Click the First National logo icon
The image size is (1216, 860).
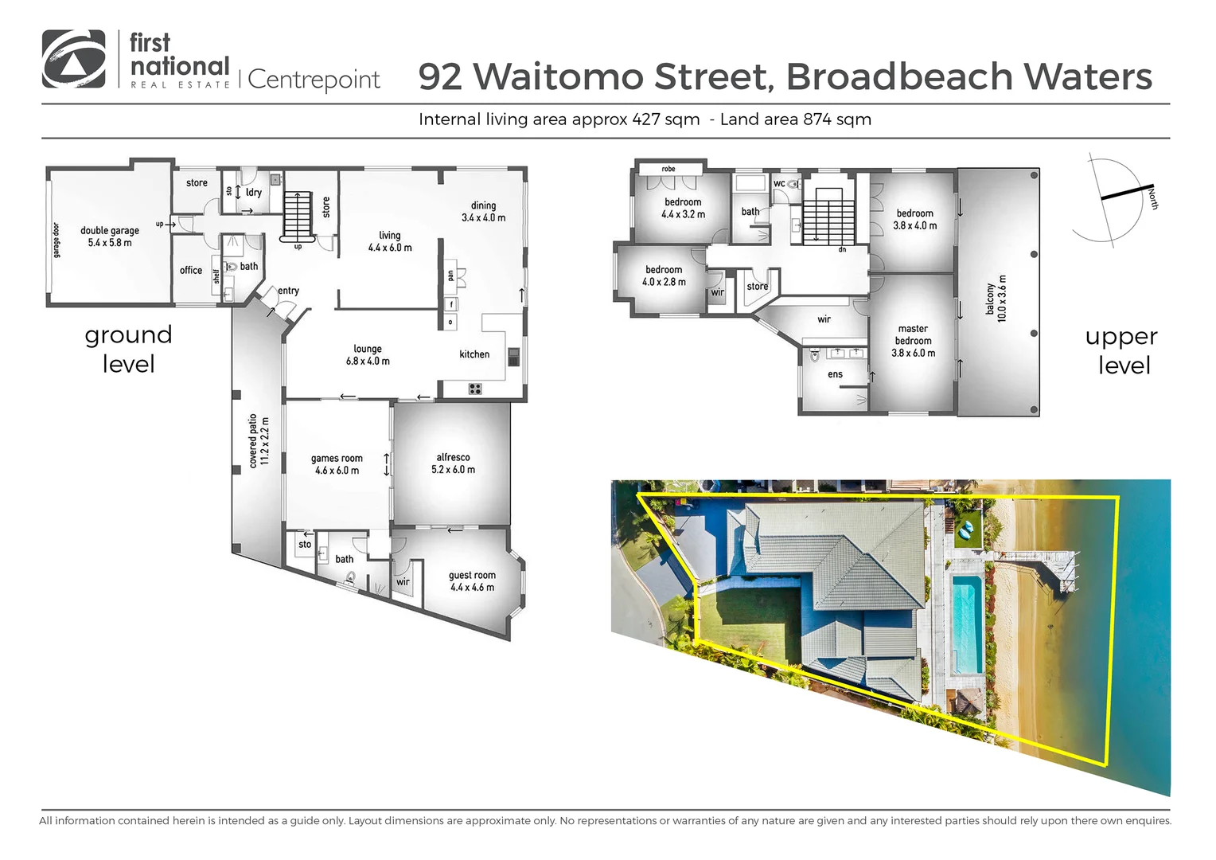pos(73,59)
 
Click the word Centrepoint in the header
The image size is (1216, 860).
pos(314,80)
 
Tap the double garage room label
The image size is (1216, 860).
pos(110,236)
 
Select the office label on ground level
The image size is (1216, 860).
pos(191,271)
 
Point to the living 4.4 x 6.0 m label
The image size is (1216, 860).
pos(390,241)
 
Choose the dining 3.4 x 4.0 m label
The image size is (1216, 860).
pos(483,211)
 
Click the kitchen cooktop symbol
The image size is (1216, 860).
pos(475,389)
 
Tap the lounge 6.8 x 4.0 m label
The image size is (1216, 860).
pos(368,355)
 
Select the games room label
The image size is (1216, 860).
pos(337,464)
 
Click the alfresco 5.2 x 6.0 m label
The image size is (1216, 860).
pos(453,463)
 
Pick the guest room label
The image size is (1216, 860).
pos(472,581)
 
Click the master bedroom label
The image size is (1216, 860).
pos(913,340)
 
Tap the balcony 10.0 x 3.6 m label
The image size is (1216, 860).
pos(996,299)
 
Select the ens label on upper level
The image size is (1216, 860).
pos(835,374)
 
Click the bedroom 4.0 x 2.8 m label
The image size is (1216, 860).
pos(664,276)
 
